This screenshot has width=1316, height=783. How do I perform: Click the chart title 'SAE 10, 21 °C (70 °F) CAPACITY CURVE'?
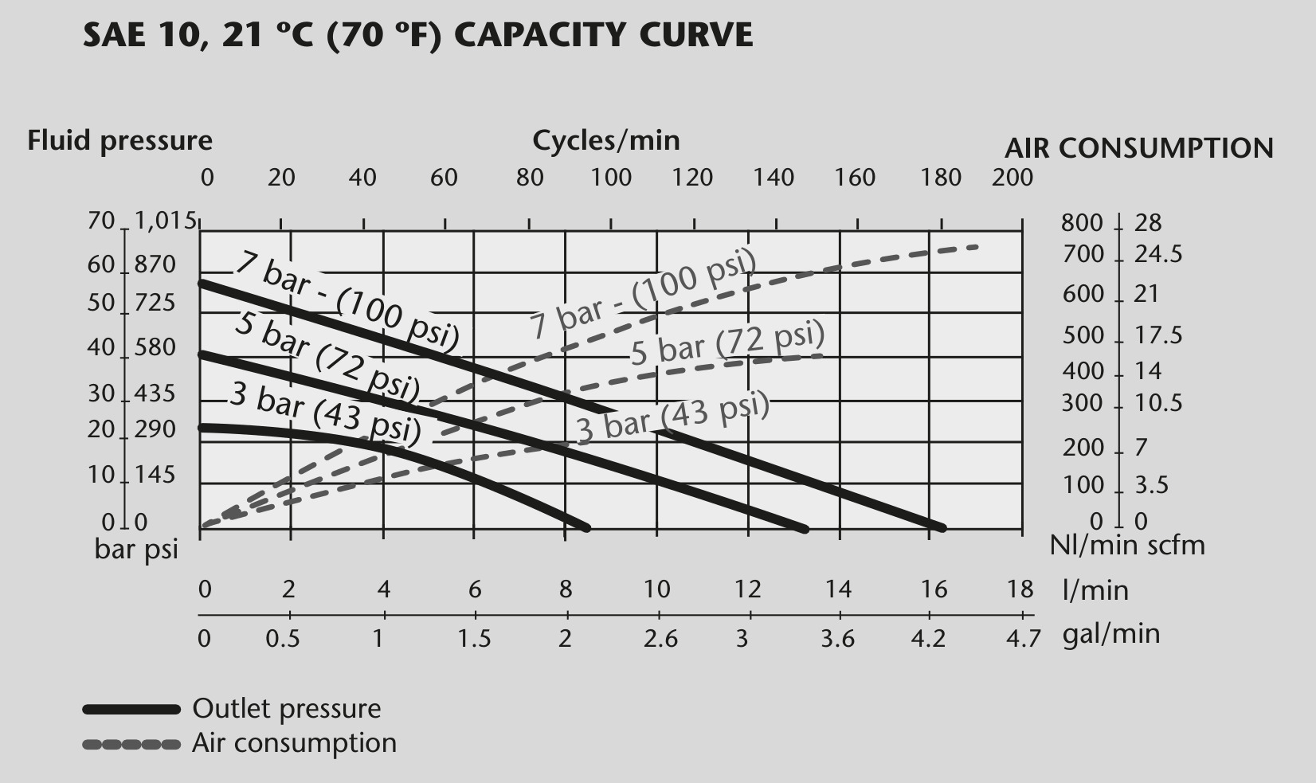417,35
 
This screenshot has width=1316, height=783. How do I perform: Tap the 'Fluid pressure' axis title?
119,142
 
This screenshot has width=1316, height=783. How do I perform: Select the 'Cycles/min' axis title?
605,142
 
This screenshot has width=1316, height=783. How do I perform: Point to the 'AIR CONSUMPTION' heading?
1139,148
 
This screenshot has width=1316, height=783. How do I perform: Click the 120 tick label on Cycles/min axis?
692,178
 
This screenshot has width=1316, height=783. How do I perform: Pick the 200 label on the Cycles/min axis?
1012,178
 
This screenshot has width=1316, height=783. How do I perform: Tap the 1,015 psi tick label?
165,221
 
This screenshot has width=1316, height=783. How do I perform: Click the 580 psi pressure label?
155,348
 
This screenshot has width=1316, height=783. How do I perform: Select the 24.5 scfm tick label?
1157,254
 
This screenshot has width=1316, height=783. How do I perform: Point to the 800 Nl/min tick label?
1082,223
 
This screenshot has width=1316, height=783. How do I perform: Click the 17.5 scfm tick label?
1157,335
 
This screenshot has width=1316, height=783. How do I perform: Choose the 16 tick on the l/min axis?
934,589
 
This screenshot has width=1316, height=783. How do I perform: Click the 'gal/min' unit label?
1111,635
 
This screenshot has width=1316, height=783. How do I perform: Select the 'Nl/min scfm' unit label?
1127,546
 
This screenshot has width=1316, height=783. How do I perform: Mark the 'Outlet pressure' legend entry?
287,709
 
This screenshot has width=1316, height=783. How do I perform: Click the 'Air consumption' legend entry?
294,743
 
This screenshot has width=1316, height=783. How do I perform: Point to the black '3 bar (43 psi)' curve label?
326,413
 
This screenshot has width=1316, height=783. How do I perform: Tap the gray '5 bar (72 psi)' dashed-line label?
728,343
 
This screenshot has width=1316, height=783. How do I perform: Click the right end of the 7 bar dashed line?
977,247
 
